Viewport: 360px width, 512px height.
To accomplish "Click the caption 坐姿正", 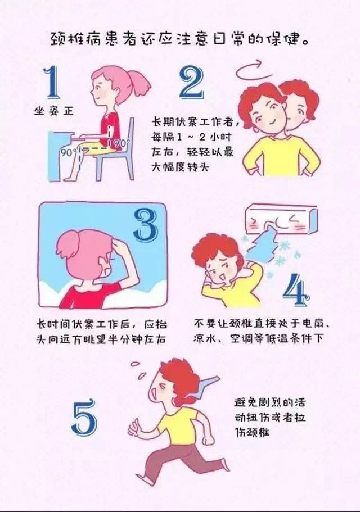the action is (54, 111).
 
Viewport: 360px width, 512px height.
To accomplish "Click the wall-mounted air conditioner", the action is (281, 219).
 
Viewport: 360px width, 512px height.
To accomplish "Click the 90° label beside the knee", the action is (69, 152).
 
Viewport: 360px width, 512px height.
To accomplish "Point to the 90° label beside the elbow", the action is (120, 143).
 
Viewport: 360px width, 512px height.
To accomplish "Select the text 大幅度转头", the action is (179, 167).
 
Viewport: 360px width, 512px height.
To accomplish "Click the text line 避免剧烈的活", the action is (269, 402).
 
